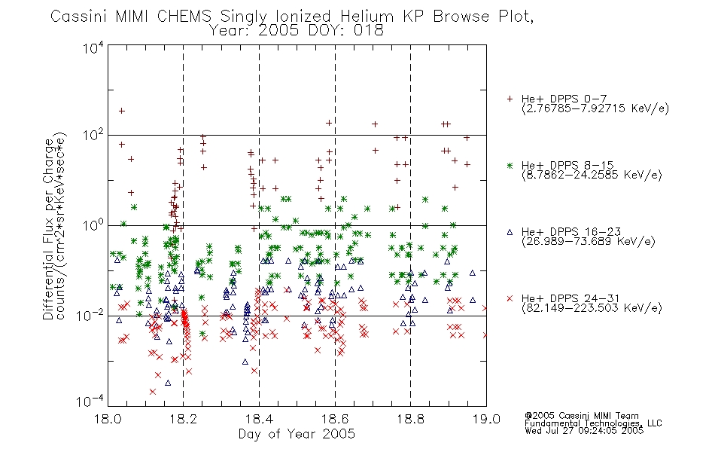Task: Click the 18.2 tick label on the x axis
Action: coord(183,419)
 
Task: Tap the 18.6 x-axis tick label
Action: coord(335,419)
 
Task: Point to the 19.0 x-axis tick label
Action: coord(486,419)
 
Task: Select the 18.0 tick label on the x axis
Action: coord(108,419)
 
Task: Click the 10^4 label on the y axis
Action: coord(93,48)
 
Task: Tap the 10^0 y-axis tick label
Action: coord(93,225)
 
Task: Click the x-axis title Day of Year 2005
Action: coord(297,434)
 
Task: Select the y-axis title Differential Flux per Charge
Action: coord(48,229)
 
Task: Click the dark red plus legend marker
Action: coord(510,99)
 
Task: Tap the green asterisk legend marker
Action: coord(510,166)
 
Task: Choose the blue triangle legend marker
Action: coord(510,232)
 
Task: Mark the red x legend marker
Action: coord(510,298)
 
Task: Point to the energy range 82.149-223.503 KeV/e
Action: coord(592,308)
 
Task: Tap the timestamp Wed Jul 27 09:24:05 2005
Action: coord(584,430)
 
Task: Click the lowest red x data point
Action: coord(152,392)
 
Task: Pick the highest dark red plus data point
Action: coord(122,111)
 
